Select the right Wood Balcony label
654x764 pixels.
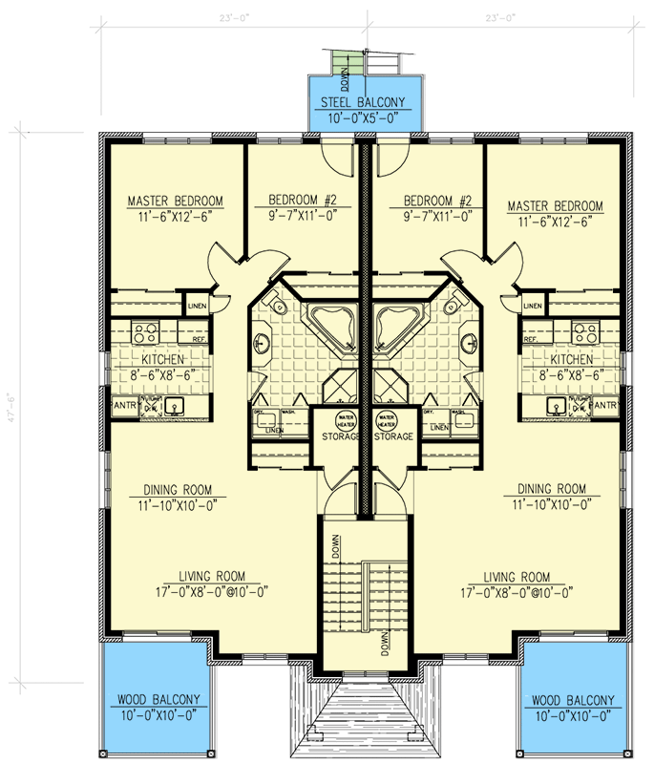click(570, 699)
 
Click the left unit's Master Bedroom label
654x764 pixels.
click(175, 202)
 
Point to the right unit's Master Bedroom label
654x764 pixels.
click(555, 206)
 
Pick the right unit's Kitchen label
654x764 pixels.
click(570, 360)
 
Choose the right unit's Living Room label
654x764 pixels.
click(517, 576)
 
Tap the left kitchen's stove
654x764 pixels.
click(145, 333)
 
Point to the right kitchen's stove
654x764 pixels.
click(584, 333)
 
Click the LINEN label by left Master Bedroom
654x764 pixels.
click(197, 306)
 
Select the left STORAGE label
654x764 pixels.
click(340, 436)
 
